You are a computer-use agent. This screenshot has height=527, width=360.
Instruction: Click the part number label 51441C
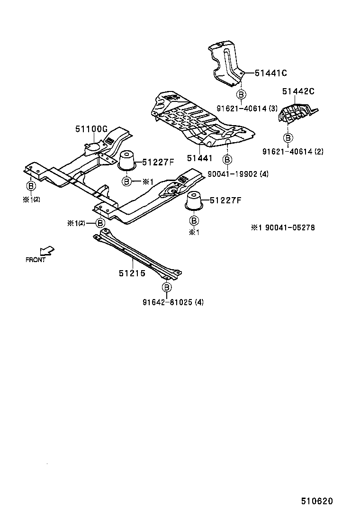[x=271, y=73]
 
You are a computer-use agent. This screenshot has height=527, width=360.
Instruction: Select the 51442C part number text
[x=298, y=92]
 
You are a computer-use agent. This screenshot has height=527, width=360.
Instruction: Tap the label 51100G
[x=91, y=129]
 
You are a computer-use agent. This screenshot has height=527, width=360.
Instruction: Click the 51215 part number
[x=132, y=273]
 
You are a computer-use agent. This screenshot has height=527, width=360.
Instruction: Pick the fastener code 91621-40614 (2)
[x=293, y=152]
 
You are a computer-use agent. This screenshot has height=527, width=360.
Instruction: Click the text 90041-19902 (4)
[x=238, y=174]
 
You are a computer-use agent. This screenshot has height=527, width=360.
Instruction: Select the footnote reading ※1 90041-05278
[x=283, y=228]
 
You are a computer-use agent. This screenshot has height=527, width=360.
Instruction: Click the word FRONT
[x=36, y=260]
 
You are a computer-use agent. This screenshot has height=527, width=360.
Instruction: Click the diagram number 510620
[x=316, y=501]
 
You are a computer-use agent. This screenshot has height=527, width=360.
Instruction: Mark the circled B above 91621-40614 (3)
[x=241, y=95]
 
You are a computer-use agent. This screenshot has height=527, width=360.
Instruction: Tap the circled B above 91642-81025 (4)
[x=166, y=287]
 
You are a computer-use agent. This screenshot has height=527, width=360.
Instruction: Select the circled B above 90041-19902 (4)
[x=227, y=159]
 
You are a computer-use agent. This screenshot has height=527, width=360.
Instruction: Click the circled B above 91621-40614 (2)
[x=288, y=138]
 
